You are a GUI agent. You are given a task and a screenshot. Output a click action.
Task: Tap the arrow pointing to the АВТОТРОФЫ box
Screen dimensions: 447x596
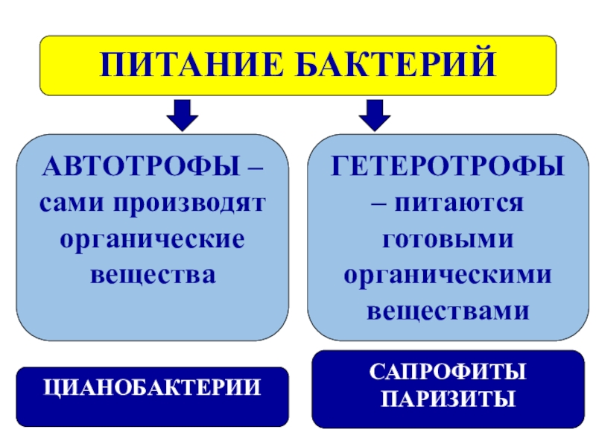point(183,112)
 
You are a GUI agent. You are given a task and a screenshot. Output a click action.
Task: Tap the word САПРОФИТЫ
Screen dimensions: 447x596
point(447,370)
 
